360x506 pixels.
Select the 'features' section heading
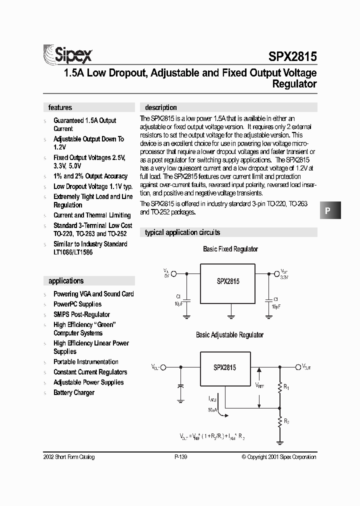(60, 107)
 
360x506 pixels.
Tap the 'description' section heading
(160, 107)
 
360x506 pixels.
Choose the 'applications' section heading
(66, 281)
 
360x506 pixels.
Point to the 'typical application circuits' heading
(182, 232)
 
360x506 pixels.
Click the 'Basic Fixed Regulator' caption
(230, 249)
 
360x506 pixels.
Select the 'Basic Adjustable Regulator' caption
(229, 335)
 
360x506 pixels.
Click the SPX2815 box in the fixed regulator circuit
(228, 281)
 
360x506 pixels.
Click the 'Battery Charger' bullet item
(74, 393)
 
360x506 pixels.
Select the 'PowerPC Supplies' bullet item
(77, 304)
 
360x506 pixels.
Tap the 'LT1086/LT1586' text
(73, 252)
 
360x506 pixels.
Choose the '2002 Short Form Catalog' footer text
(70, 457)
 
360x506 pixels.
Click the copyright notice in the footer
(278, 457)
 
